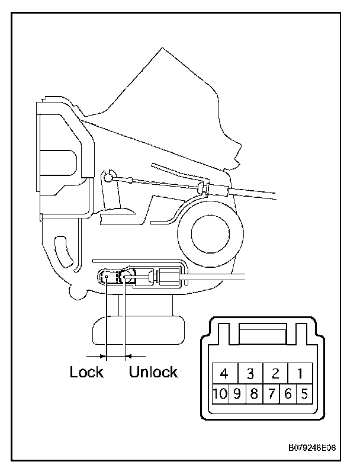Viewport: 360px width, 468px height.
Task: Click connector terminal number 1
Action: (x=300, y=373)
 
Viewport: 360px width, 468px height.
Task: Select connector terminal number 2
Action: (x=275, y=373)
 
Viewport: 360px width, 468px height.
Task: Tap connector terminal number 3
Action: (x=250, y=373)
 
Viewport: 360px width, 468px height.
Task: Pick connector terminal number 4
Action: (x=224, y=373)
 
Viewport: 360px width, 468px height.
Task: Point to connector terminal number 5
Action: (x=304, y=393)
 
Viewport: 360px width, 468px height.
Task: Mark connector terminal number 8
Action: (x=253, y=393)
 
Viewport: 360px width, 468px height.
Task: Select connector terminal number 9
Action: (x=237, y=393)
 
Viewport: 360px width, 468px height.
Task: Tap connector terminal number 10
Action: (x=220, y=393)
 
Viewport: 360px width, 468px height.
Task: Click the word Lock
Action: (x=86, y=373)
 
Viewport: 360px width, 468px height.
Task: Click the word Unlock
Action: (x=153, y=373)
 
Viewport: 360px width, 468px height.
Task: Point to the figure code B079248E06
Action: (x=312, y=448)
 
